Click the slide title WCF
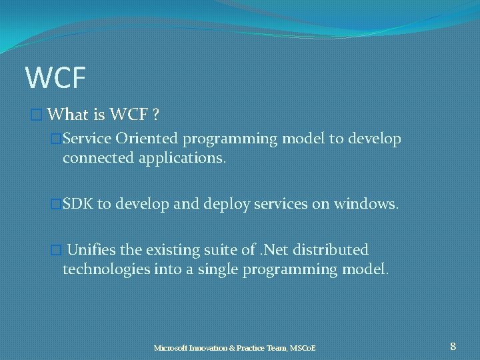pyautogui.click(x=55, y=77)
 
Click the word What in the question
pyautogui.click(x=69, y=115)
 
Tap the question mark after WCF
pyautogui.click(x=155, y=115)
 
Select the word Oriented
pyautogui.click(x=146, y=139)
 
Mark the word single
pyautogui.click(x=221, y=269)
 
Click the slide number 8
pyautogui.click(x=453, y=346)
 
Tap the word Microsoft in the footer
pyautogui.click(x=171, y=348)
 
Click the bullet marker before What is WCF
pyautogui.click(x=37, y=115)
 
